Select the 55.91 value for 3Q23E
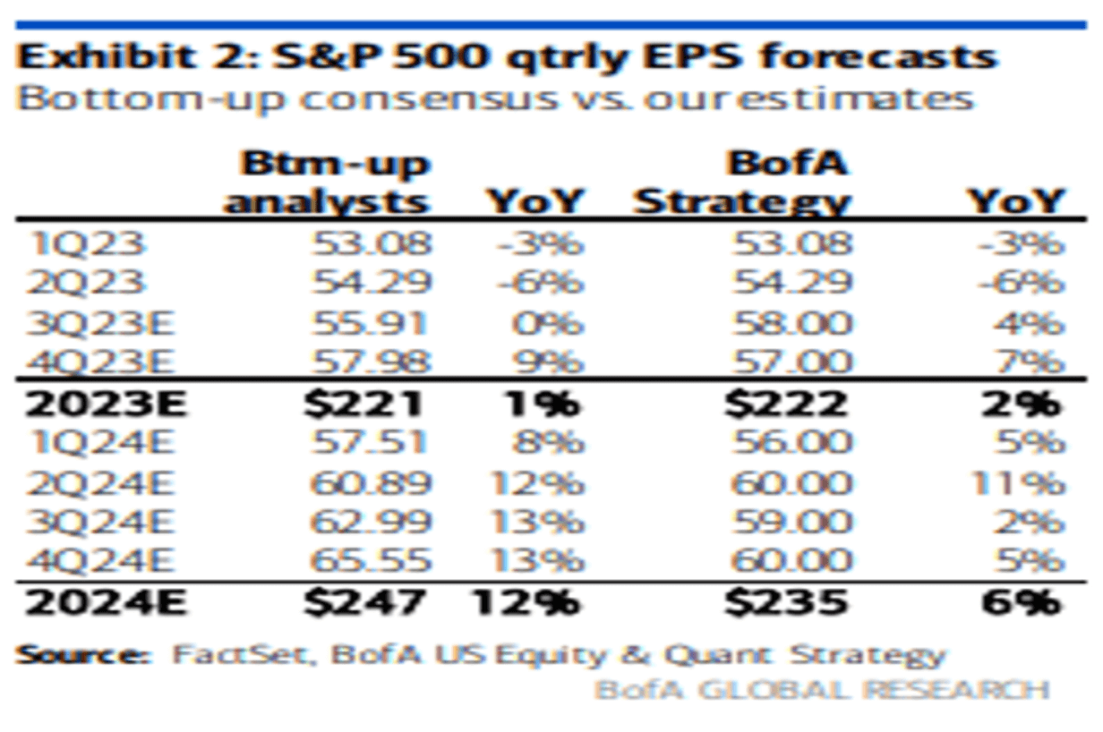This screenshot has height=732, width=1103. click(372, 322)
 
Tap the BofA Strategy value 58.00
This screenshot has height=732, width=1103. click(791, 322)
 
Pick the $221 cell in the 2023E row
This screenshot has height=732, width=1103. click(363, 403)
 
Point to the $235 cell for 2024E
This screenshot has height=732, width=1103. click(786, 601)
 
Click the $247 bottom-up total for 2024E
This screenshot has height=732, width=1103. click(363, 601)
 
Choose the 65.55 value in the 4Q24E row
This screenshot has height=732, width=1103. click(372, 561)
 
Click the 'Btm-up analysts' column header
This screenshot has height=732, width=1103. click(328, 183)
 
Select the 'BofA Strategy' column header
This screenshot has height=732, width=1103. click(742, 183)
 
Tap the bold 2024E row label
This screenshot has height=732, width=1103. click(106, 601)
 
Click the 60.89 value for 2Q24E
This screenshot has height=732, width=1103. click(372, 482)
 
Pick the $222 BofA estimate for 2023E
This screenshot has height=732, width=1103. click(786, 403)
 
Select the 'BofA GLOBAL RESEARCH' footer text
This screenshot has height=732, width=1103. click(821, 689)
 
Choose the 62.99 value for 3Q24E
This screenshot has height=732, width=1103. click(372, 522)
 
